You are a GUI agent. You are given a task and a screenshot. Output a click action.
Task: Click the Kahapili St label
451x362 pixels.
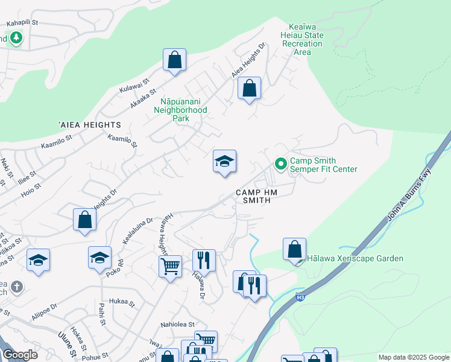(x=22, y=23)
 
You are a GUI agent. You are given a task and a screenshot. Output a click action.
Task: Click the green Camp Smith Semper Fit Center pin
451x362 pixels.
(x=280, y=164)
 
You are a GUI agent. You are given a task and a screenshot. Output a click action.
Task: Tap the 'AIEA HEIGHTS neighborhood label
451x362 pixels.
(x=90, y=125)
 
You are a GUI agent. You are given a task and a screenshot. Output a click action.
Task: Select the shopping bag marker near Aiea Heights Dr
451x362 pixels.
(x=249, y=89)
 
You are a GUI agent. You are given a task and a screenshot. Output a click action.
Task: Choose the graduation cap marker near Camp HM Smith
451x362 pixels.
(x=224, y=162)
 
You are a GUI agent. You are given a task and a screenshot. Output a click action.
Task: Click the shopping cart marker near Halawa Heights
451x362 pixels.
(x=171, y=265)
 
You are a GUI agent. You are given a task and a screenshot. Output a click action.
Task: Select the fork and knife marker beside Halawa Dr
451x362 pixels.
(x=204, y=260)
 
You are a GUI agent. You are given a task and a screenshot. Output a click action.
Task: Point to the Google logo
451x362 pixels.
(x=20, y=355)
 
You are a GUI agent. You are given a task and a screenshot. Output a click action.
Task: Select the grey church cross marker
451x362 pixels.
(x=17, y=286)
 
